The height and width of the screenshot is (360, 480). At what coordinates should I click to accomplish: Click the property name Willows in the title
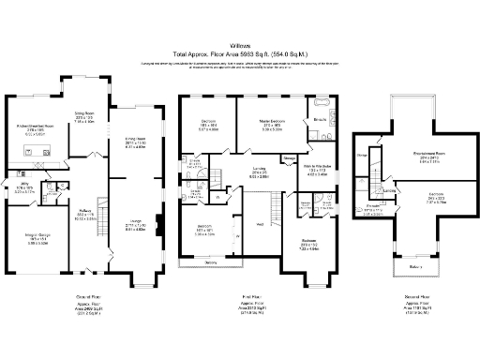click(x=240, y=46)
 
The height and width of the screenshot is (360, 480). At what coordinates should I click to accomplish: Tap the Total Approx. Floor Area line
click(x=240, y=54)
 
